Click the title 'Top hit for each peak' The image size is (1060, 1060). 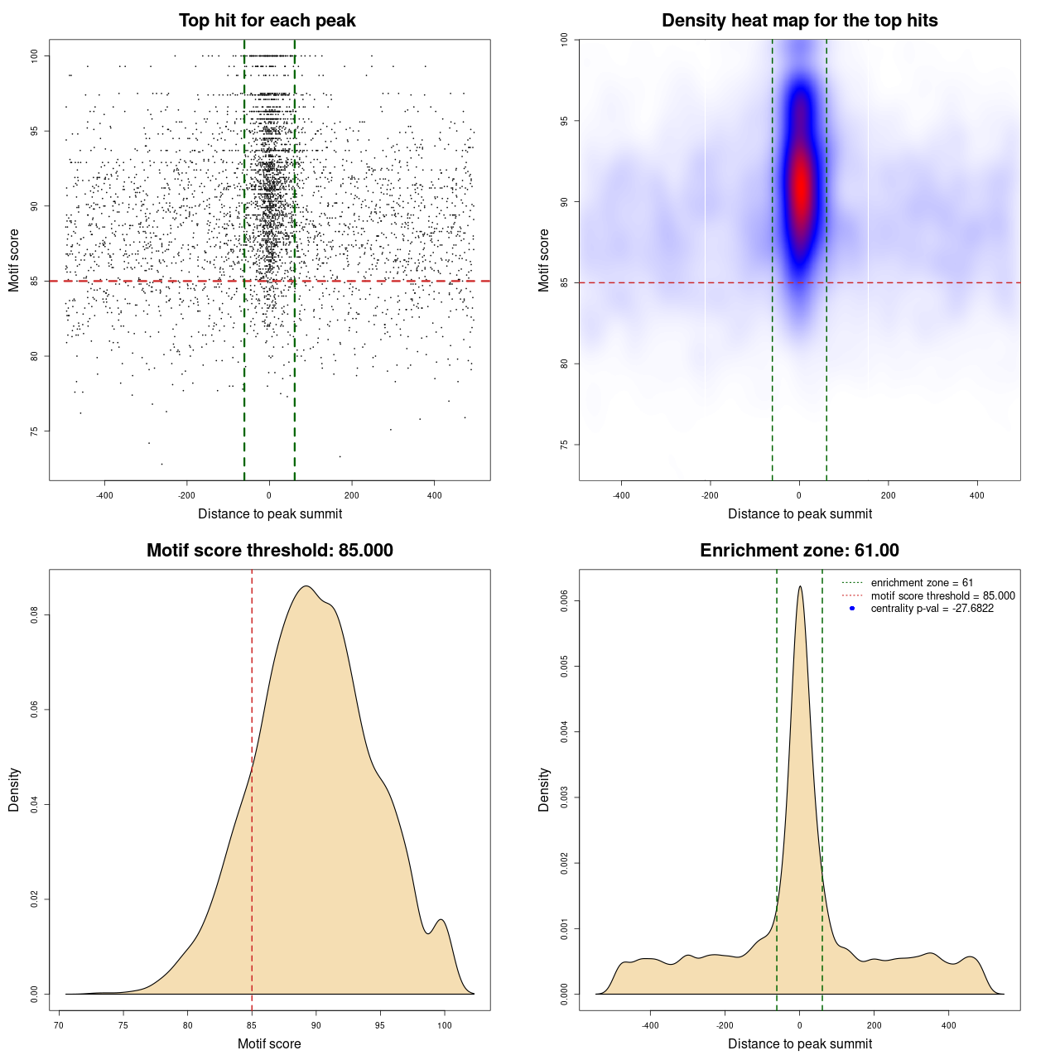(x=267, y=21)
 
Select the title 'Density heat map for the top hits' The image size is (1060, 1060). (x=799, y=21)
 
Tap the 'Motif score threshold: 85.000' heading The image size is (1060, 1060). (x=269, y=551)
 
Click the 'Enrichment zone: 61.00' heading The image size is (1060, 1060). (x=799, y=551)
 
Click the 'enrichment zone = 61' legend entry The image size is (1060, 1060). (x=922, y=583)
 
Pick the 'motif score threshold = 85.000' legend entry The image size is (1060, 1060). (x=942, y=595)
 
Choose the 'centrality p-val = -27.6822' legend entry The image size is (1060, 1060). (x=932, y=609)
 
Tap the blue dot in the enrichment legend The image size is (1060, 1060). (x=852, y=609)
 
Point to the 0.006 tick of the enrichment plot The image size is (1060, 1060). (x=565, y=600)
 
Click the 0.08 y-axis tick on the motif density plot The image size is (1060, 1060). (x=35, y=615)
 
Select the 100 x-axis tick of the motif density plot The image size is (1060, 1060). (x=445, y=1025)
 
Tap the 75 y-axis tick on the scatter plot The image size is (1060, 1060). (x=35, y=431)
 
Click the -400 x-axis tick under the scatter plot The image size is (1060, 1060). (x=104, y=495)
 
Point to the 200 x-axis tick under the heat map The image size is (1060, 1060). (x=888, y=495)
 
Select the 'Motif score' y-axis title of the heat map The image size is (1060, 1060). (x=544, y=260)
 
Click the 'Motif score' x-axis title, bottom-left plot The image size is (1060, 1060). (x=269, y=1043)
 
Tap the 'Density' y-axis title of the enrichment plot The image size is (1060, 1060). (x=544, y=789)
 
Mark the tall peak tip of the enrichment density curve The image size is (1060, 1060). (x=800, y=587)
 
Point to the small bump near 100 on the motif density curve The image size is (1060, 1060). (x=441, y=920)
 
